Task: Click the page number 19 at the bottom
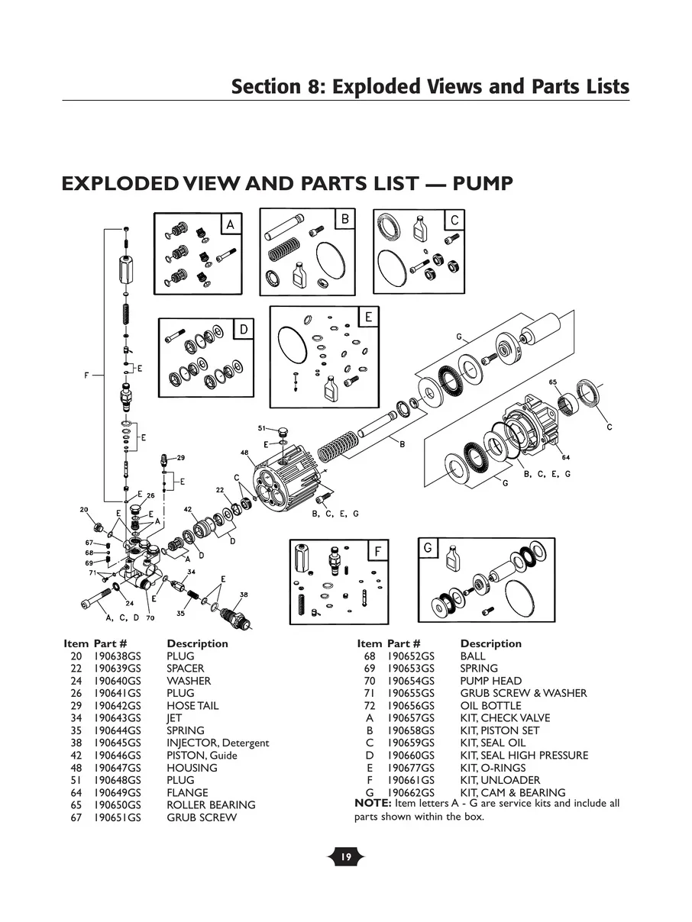click(x=345, y=857)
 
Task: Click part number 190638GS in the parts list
click(x=117, y=656)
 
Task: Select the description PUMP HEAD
click(x=490, y=681)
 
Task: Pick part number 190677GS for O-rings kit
click(x=410, y=768)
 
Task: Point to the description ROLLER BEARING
click(x=211, y=805)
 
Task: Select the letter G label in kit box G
click(x=428, y=548)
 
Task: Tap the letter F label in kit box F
click(x=377, y=550)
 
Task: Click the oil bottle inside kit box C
click(x=419, y=227)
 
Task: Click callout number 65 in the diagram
click(x=553, y=382)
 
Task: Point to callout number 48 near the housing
click(x=244, y=453)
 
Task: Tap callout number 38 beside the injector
click(x=244, y=594)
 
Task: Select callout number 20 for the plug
click(x=83, y=509)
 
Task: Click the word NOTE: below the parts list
click(x=373, y=803)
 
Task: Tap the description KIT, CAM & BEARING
click(x=513, y=792)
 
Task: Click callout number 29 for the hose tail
click(x=180, y=458)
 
